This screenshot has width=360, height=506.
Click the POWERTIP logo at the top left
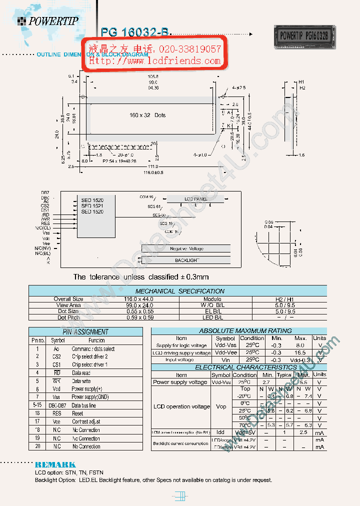click(x=48, y=21)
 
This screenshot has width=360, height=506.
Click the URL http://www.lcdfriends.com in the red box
click(x=155, y=61)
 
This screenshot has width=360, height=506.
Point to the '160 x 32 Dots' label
click(x=147, y=115)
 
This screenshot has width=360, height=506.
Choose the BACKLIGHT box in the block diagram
click(x=186, y=260)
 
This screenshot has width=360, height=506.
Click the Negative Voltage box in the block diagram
click(x=186, y=248)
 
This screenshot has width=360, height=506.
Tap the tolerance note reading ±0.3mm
click(x=141, y=277)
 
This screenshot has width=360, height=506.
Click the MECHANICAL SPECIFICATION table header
click(x=180, y=291)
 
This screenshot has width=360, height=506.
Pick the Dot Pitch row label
click(x=68, y=317)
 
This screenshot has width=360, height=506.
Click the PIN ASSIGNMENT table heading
click(x=85, y=332)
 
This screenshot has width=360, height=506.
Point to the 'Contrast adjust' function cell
click(x=86, y=422)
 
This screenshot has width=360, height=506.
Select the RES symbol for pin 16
click(x=56, y=413)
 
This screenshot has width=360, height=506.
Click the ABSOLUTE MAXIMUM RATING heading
click(x=238, y=331)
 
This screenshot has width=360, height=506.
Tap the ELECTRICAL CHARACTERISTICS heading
click(x=238, y=367)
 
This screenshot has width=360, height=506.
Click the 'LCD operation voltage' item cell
click(x=181, y=406)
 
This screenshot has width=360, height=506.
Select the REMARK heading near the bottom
click(x=55, y=464)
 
